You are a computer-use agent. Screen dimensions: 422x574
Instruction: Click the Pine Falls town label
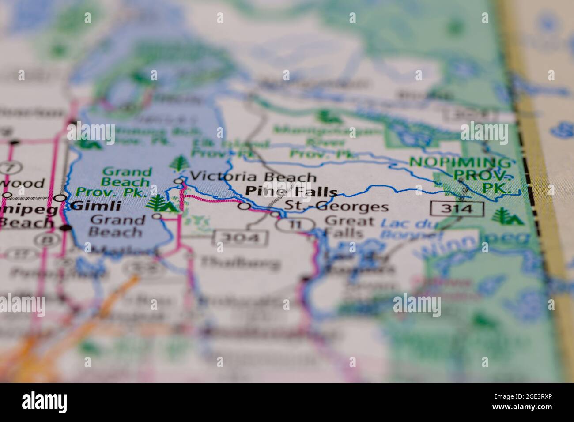click(x=291, y=192)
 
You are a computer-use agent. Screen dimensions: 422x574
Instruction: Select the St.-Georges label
click(x=336, y=207)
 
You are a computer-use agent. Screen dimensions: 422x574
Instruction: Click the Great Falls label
click(x=349, y=226)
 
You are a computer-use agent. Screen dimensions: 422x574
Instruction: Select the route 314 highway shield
click(x=457, y=208)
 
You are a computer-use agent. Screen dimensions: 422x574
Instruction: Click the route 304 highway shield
click(x=241, y=238)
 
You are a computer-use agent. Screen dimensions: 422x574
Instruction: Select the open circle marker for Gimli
click(x=63, y=198)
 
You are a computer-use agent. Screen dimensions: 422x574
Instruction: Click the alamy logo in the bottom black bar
click(x=45, y=402)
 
